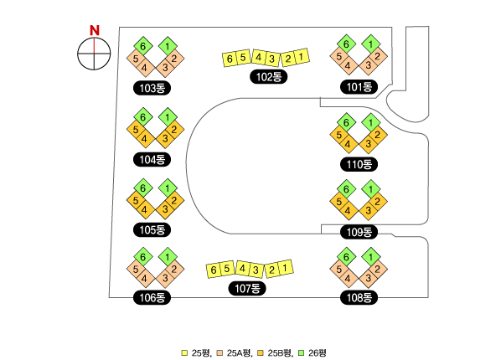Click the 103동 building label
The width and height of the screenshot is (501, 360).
[x=152, y=88]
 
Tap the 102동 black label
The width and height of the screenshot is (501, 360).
[x=269, y=77]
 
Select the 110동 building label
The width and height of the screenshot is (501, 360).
[x=359, y=164]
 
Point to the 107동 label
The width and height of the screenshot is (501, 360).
[x=247, y=289]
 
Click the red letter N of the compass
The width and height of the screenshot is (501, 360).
[x=95, y=30]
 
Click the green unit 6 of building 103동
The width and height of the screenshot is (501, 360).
[x=142, y=46]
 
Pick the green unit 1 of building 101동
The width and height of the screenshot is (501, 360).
[x=371, y=44]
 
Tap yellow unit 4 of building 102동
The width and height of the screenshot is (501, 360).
[x=259, y=58]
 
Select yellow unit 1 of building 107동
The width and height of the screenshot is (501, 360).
[x=285, y=268]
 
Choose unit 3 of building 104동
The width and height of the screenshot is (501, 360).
[x=165, y=139]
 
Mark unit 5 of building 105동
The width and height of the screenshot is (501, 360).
[x=136, y=201]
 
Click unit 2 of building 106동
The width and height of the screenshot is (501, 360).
[x=174, y=269]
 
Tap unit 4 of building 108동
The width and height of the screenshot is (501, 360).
[x=348, y=278]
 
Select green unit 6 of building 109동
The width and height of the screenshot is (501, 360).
[x=346, y=189]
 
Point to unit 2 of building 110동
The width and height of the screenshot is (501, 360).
[x=378, y=135]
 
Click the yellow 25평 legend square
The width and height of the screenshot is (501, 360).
[x=184, y=353]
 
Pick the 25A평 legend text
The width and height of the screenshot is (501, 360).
[x=240, y=353]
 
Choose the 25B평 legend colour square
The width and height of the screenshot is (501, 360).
[x=261, y=353]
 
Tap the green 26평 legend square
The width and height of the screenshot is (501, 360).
[x=302, y=353]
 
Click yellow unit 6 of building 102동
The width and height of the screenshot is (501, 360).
[x=230, y=59]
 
